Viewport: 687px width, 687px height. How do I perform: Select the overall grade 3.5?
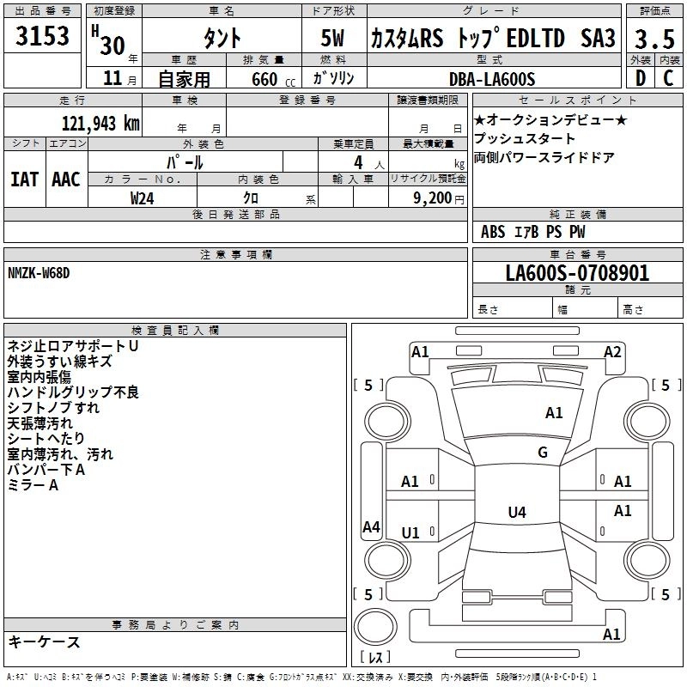coord(654,39)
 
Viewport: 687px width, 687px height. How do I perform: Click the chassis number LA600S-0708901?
coord(577,273)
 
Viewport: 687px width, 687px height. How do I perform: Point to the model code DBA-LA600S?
coord(492,79)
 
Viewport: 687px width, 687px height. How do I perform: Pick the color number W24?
coord(143,198)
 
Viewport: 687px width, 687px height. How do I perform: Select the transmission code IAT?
coord(24,179)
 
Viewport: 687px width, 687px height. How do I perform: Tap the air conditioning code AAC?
coord(66,179)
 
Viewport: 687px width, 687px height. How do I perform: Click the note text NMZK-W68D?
coord(39,272)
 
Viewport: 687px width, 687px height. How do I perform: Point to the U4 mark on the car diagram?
coord(516,513)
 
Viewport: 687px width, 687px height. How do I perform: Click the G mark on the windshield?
coord(542,453)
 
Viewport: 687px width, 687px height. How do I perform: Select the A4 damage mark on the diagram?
coord(371,527)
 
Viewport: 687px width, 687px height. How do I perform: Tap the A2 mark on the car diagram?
coord(612,351)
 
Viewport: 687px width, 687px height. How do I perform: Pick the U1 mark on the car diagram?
coord(410,533)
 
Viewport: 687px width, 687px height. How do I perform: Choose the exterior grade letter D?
coord(640,78)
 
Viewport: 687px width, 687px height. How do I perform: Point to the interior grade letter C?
coord(668,78)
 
